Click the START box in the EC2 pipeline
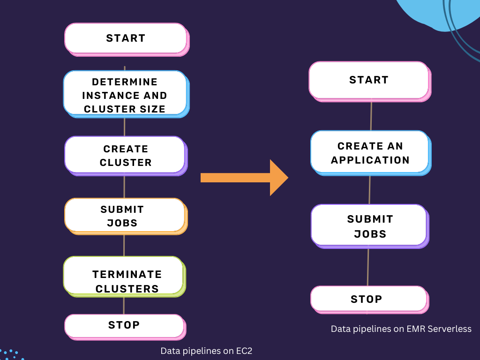pyautogui.click(x=127, y=39)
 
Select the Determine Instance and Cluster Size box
pyautogui.click(x=126, y=94)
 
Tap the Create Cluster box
pyautogui.click(x=126, y=156)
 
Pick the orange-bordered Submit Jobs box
pyautogui.click(x=126, y=217)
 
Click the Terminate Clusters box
pyautogui.click(x=124, y=277)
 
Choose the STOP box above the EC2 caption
pyautogui.click(x=125, y=327)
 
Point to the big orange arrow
pyautogui.click(x=244, y=178)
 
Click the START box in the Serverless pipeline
pyautogui.click(x=370, y=82)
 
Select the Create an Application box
pyautogui.click(x=371, y=153)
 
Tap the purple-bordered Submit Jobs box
pyautogui.click(x=370, y=226)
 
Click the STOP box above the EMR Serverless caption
pyautogui.click(x=369, y=300)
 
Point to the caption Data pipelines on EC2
pyautogui.click(x=206, y=351)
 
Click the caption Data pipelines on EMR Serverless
pyautogui.click(x=401, y=329)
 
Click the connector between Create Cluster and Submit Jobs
pyautogui.click(x=124, y=187)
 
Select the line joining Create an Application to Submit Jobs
pyautogui.click(x=369, y=190)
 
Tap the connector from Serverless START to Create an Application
pyautogui.click(x=371, y=116)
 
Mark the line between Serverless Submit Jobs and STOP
pyautogui.click(x=367, y=267)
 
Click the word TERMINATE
pyautogui.click(x=127, y=274)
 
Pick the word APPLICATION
pyautogui.click(x=370, y=160)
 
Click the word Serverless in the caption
pyautogui.click(x=450, y=329)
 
